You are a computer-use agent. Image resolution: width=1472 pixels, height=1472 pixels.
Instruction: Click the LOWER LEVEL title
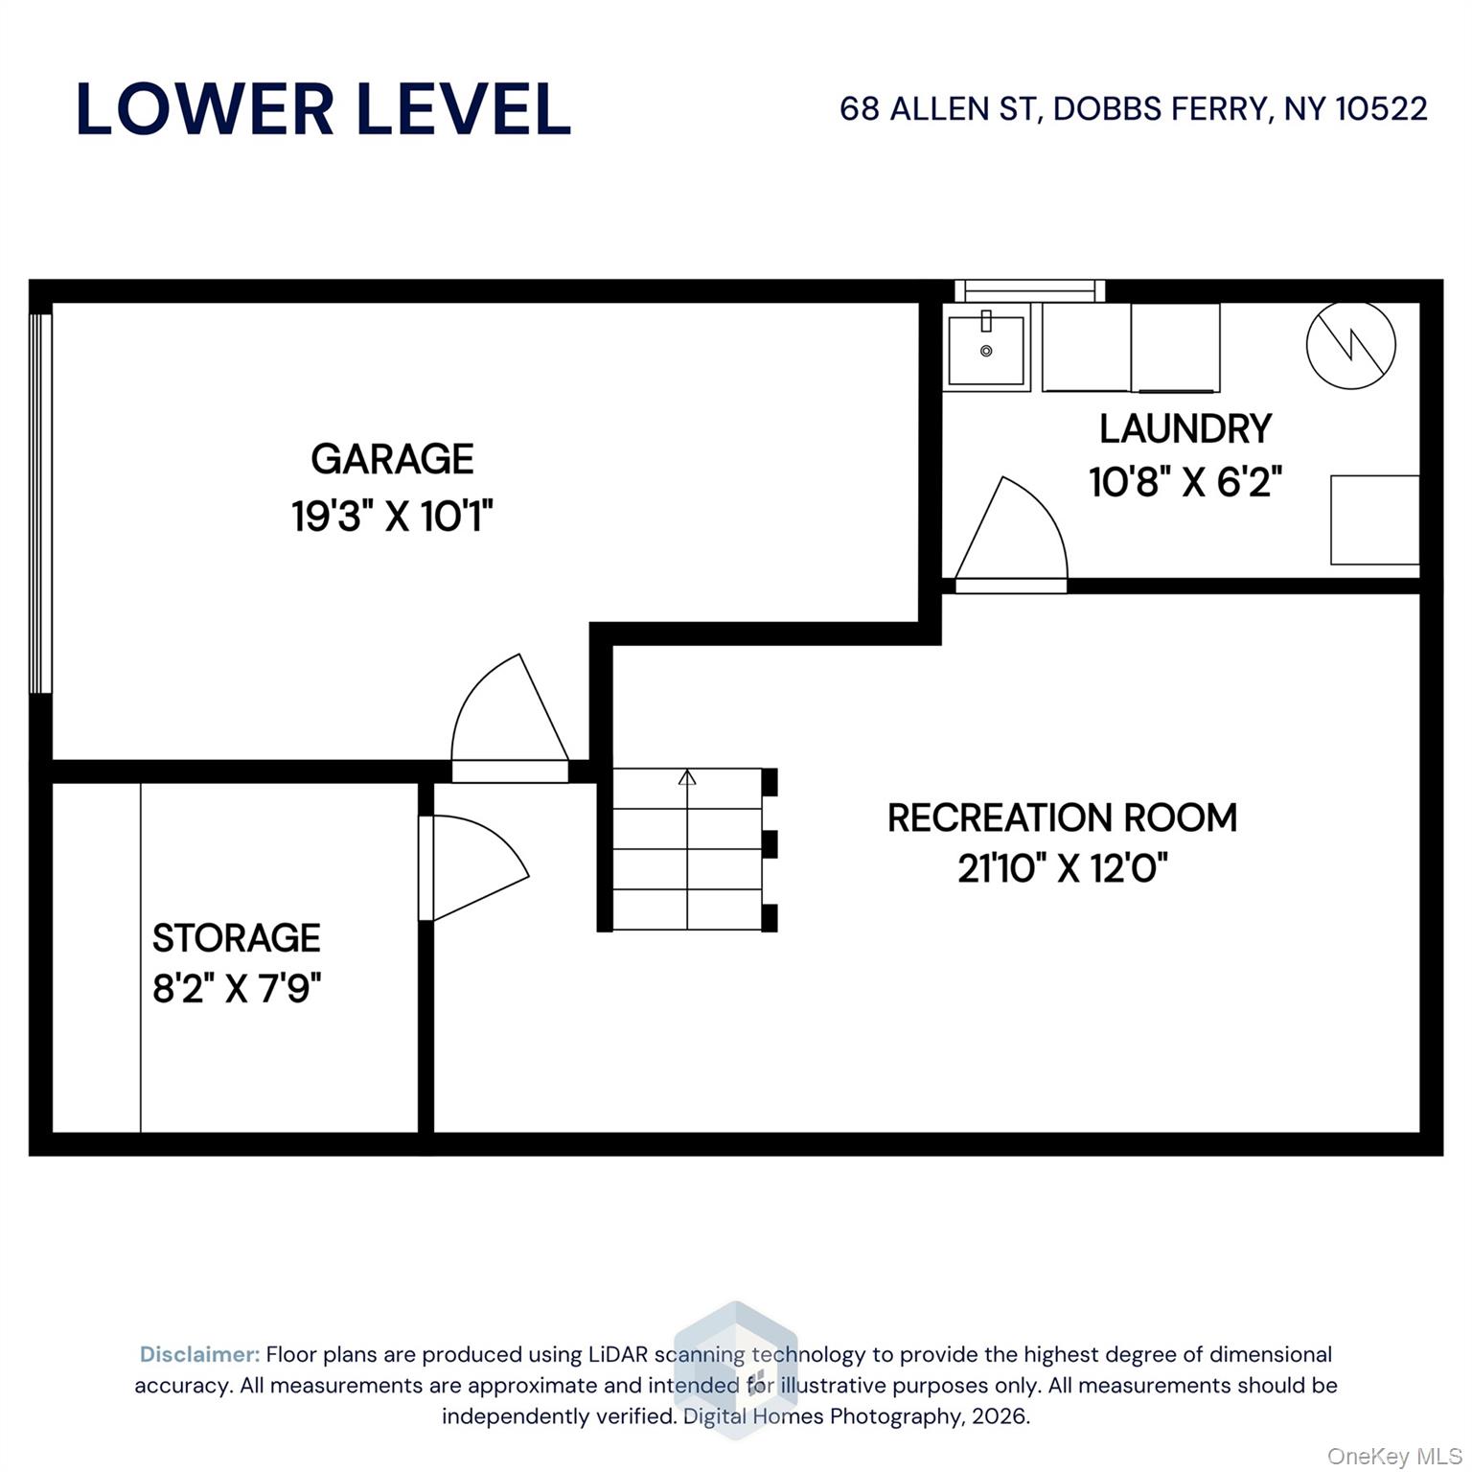(323, 109)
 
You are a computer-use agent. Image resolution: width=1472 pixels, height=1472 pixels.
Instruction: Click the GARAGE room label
(392, 459)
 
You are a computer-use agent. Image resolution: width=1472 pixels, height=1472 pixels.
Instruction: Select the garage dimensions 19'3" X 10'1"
(392, 517)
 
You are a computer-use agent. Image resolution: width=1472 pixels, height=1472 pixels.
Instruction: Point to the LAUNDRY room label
(1185, 428)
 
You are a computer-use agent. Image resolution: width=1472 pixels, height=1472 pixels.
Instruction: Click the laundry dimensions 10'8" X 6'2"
(1185, 481)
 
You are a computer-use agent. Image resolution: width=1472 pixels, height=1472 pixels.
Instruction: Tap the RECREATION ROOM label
(1062, 817)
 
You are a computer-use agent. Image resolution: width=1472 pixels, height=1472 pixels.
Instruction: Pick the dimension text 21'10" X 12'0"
(1062, 868)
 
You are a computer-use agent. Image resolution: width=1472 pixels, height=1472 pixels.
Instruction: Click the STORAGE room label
(236, 937)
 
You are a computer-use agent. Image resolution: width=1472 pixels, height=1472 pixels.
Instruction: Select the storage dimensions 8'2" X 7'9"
(236, 987)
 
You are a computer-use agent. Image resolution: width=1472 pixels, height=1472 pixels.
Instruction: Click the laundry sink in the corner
(986, 350)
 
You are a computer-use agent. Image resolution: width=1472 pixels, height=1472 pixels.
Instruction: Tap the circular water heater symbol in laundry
(1350, 345)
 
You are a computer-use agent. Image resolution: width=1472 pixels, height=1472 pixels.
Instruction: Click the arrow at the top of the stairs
(687, 777)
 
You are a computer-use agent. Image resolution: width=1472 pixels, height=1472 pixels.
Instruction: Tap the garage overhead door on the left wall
(39, 503)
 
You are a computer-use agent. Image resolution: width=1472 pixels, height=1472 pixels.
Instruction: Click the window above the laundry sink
(1029, 289)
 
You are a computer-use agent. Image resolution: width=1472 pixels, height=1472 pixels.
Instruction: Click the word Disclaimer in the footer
(199, 1354)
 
